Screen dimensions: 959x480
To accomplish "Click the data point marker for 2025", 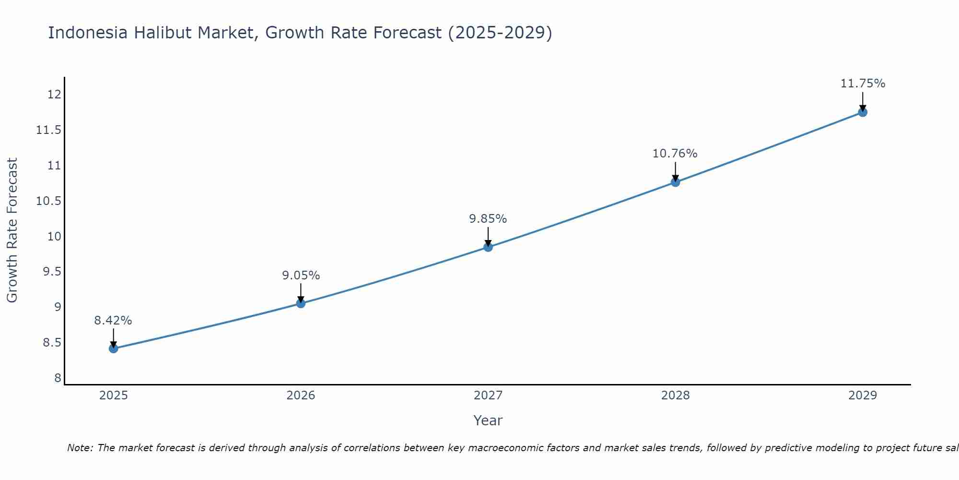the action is tap(113, 348).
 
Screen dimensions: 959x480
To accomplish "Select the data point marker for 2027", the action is tap(488, 247).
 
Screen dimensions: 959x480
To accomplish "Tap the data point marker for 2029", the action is tap(863, 112).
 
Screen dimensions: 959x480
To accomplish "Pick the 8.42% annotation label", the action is tap(113, 321).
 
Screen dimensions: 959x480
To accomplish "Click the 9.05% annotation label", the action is tap(301, 276).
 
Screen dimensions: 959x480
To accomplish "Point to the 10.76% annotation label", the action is tap(675, 154).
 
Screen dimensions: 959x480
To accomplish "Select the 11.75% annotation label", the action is tap(863, 84).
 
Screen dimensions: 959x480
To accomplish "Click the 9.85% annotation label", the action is tap(488, 219).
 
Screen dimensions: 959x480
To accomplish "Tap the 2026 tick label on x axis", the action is tap(301, 396).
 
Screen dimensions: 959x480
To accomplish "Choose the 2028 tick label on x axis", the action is tap(675, 396).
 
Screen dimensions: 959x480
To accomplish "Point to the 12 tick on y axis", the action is tap(55, 95).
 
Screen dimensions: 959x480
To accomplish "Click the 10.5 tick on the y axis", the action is tap(49, 201).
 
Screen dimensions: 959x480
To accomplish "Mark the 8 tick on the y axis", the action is tap(58, 378).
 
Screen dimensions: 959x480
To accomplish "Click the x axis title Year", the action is tap(488, 420).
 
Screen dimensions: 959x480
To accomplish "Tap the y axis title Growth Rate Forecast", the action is tap(12, 230).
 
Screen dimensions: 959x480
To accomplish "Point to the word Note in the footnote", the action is tap(80, 448).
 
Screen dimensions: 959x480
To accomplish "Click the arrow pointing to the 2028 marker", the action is tap(675, 171).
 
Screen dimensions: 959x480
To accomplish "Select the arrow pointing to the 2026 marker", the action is tap(301, 293).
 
